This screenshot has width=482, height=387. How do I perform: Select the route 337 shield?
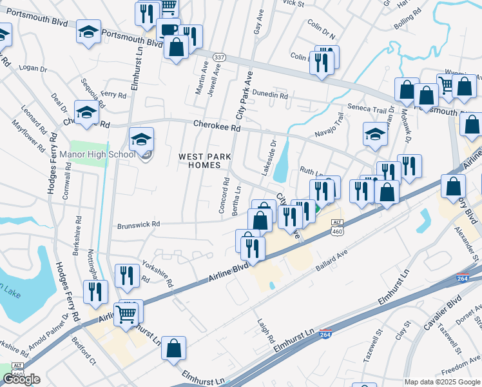click(219, 57)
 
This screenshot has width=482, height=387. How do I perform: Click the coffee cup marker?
click(168, 30)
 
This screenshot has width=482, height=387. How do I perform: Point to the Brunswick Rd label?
click(138, 224)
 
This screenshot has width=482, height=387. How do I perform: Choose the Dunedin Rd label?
click(269, 95)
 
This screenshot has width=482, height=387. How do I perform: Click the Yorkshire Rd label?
click(158, 274)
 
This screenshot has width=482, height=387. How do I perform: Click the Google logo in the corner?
click(21, 379)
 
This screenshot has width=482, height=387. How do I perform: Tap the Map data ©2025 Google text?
click(442, 382)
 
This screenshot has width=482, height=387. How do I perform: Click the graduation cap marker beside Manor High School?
click(142, 139)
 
